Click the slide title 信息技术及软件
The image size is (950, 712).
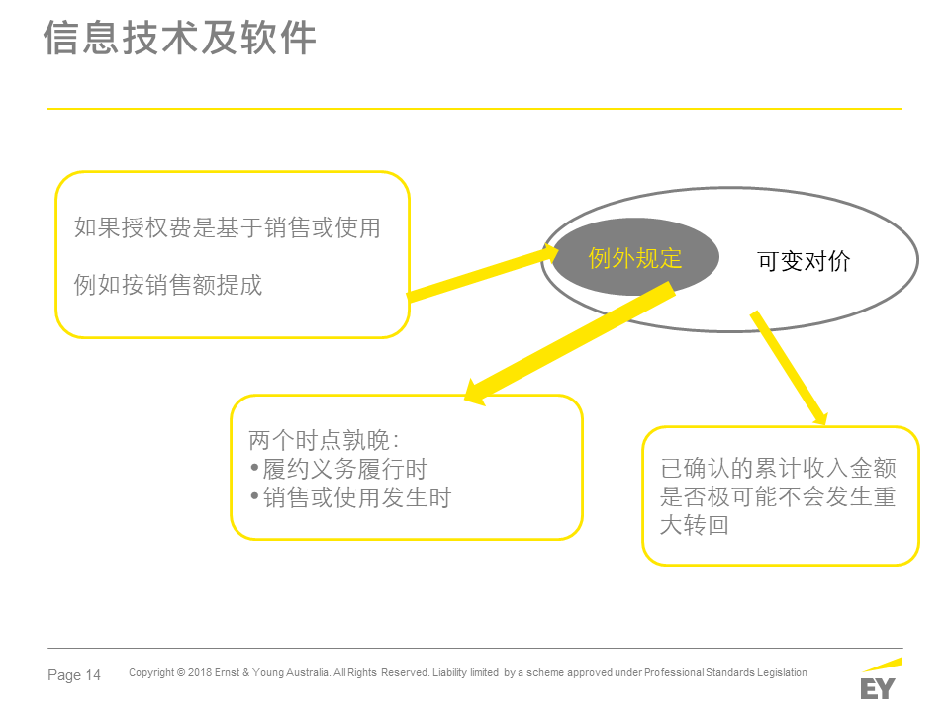point(180,38)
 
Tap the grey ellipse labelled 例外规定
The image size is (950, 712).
point(635,257)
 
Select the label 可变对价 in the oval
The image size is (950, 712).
point(804,261)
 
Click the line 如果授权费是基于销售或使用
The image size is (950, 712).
point(228,228)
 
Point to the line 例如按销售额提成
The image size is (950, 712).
point(168,285)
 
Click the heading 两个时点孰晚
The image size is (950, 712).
point(324,440)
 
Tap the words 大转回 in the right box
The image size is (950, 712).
point(695,525)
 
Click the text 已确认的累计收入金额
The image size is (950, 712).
point(778,468)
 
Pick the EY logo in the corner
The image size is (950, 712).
point(880,679)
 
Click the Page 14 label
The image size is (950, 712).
point(74,675)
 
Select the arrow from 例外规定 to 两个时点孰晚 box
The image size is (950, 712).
point(569,343)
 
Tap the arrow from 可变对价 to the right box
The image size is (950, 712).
point(789,369)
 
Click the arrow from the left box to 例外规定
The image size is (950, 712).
point(482,273)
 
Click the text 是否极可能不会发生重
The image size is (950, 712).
point(778,496)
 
